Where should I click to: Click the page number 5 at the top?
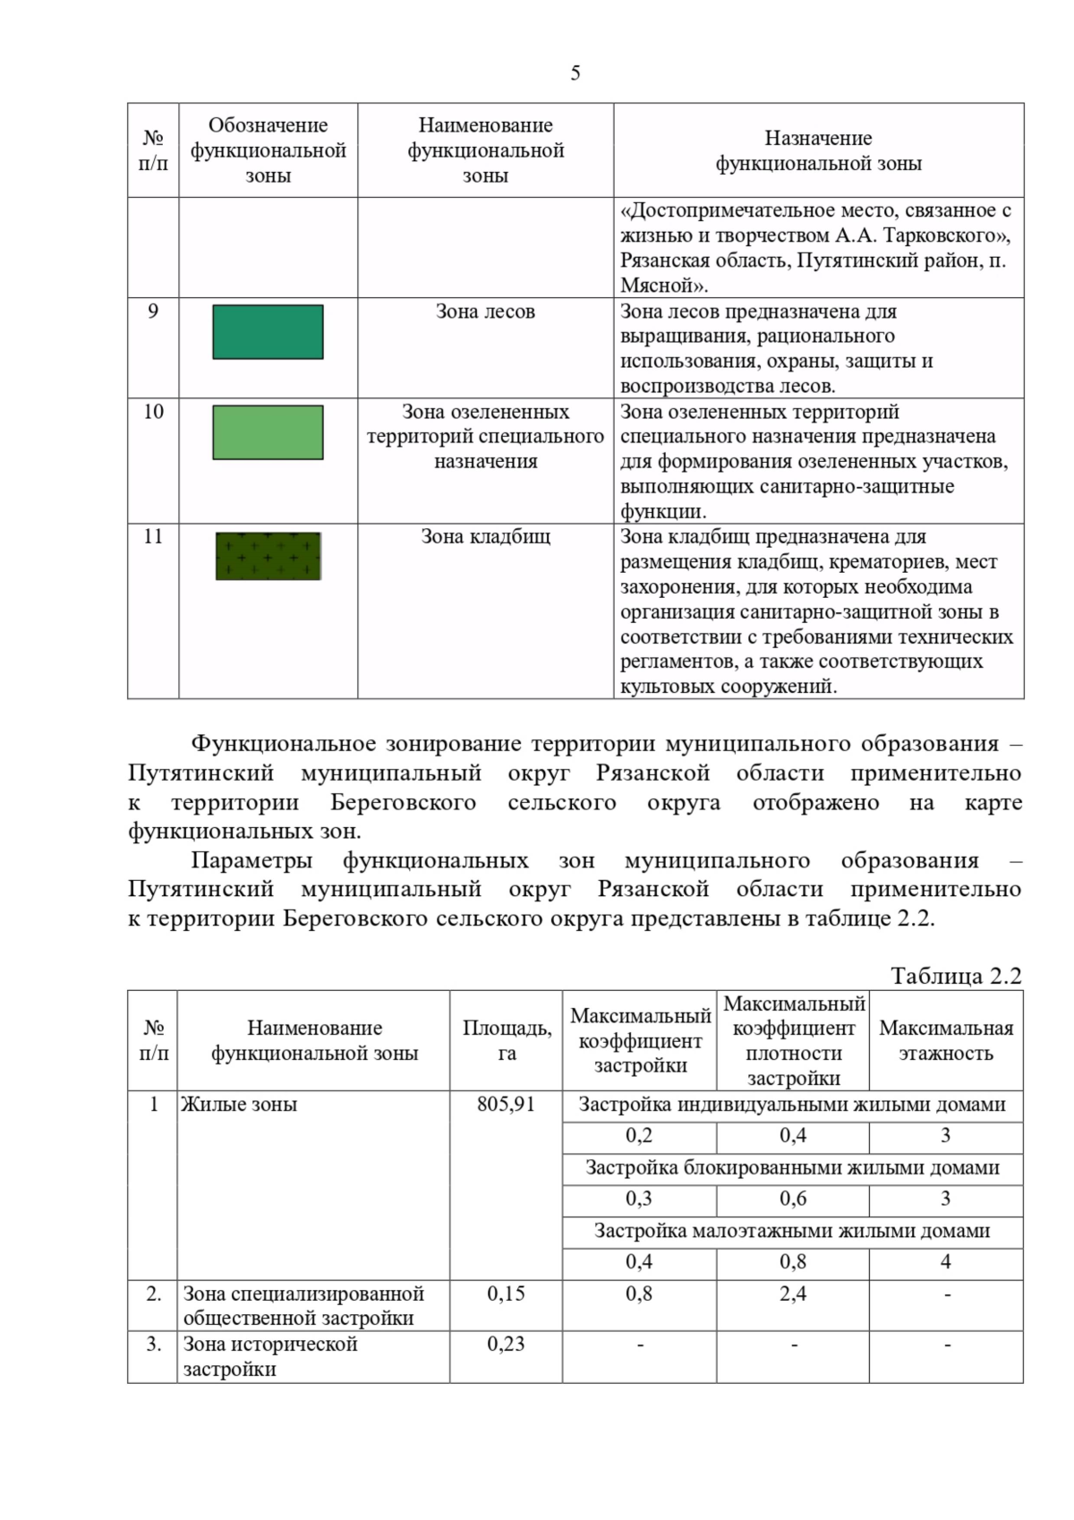coord(575,73)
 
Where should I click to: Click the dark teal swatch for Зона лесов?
coord(268,332)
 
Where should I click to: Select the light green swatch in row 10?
coord(268,432)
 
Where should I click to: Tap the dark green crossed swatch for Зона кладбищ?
coord(268,556)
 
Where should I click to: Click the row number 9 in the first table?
coord(153,312)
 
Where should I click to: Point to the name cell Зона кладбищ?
coord(485,537)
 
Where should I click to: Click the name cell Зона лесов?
coord(485,312)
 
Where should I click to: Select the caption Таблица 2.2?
coord(955,976)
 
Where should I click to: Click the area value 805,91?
coord(506,1105)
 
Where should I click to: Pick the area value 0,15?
coord(506,1294)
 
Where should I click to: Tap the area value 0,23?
coord(506,1344)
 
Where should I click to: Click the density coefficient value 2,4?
coord(793,1294)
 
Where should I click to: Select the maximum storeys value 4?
coord(946,1262)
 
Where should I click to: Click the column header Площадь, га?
coord(507,1040)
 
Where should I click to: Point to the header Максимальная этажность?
coord(946,1040)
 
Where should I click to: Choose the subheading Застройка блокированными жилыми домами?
coord(792,1168)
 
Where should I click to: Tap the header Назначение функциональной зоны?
coord(818,150)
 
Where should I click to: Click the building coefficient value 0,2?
coord(639,1136)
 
